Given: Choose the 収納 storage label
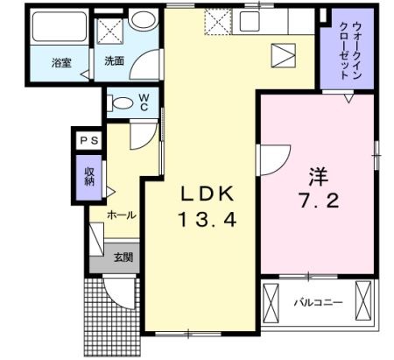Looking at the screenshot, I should (89, 176).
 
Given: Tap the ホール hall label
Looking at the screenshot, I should (121, 214).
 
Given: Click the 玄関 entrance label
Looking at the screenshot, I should (123, 258).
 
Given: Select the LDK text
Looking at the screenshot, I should (208, 194).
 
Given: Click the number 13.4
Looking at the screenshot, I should (208, 220).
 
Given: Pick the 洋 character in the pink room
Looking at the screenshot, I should (317, 174).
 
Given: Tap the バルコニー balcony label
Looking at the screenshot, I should (317, 303).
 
